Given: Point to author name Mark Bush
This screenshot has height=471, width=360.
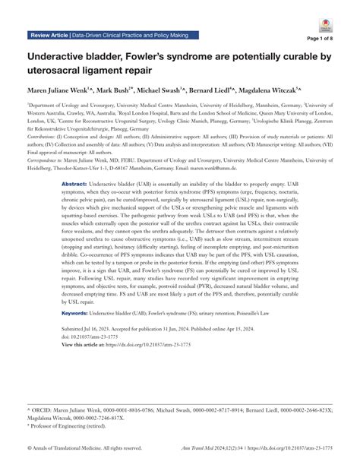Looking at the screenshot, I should coord(136,90).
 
